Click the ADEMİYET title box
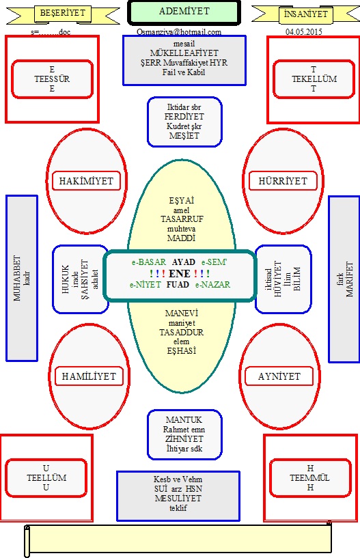pyautogui.click(x=184, y=12)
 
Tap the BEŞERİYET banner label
pyautogui.click(x=63, y=13)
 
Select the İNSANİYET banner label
pyautogui.click(x=305, y=14)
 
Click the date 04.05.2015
pyautogui.click(x=304, y=31)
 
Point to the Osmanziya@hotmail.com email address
pyautogui.click(x=179, y=32)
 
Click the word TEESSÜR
pyautogui.click(x=52, y=79)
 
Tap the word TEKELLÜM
pyautogui.click(x=314, y=79)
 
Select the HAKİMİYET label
pyautogui.click(x=86, y=181)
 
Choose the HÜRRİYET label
pyautogui.click(x=283, y=181)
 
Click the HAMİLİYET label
pyautogui.click(x=89, y=376)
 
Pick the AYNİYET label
pyautogui.click(x=279, y=376)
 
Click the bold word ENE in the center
pyautogui.click(x=180, y=274)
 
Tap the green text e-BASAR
pyautogui.click(x=148, y=262)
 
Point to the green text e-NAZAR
pyautogui.click(x=212, y=285)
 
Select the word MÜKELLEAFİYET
pyautogui.click(x=184, y=53)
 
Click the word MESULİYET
pyautogui.click(x=178, y=498)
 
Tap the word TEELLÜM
pyautogui.click(x=46, y=477)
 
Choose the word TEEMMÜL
pyautogui.click(x=310, y=477)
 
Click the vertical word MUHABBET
pyautogui.click(x=17, y=278)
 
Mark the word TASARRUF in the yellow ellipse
pyautogui.click(x=182, y=219)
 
